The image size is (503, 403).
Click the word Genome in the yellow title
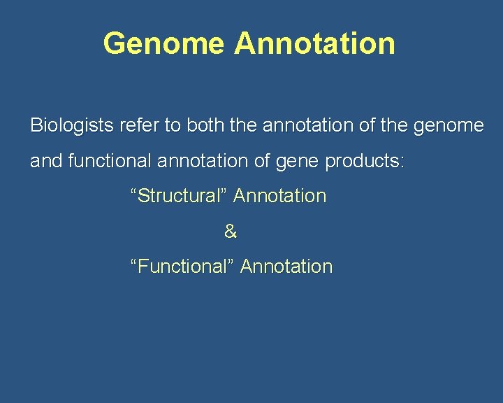163,43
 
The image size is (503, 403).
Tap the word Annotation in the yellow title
314,43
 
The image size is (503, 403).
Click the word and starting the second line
46,161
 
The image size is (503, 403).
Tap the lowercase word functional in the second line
110,161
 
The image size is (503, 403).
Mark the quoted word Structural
178,196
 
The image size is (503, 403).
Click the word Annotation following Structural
279,196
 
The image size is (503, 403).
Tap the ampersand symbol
231,232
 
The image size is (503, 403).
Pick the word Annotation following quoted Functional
286,267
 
